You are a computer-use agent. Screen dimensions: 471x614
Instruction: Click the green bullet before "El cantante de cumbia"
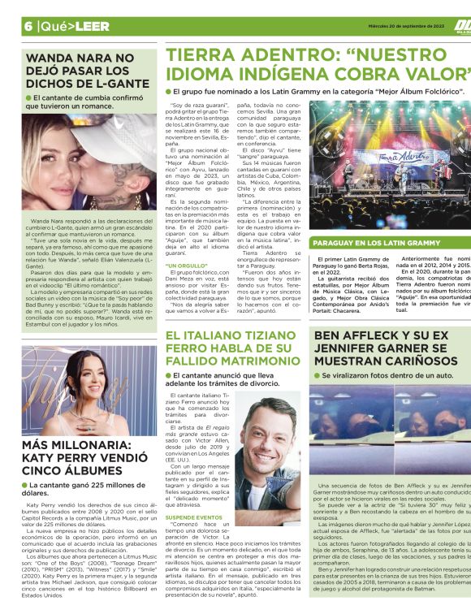tap(28, 98)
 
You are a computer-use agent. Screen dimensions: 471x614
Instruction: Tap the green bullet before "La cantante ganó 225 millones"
tap(29, 485)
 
